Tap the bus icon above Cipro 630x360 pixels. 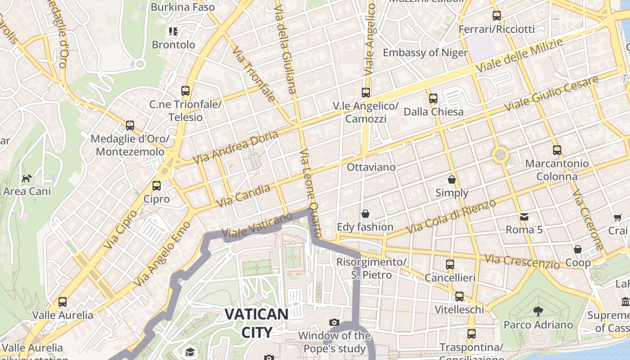click(157, 185)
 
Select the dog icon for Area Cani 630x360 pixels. click(27, 178)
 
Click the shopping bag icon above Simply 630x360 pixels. click(452, 180)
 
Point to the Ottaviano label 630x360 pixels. click(371, 167)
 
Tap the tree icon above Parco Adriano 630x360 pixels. click(538, 311)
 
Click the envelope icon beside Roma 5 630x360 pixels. click(524, 217)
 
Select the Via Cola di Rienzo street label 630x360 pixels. click(451, 216)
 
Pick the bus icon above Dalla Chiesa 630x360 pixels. click(433, 98)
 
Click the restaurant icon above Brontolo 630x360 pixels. click(173, 31)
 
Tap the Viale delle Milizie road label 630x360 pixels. click(519, 56)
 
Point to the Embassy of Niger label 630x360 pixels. click(425, 53)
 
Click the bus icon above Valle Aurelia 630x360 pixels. click(63, 302)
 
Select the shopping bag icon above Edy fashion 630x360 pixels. click(365, 213)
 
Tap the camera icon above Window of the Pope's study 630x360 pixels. click(334, 322)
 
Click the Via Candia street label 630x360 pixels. click(243, 196)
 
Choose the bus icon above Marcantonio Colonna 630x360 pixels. click(557, 150)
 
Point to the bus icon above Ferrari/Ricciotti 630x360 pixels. click(497, 16)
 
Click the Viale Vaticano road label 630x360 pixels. click(257, 225)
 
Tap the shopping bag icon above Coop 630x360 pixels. click(578, 249)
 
